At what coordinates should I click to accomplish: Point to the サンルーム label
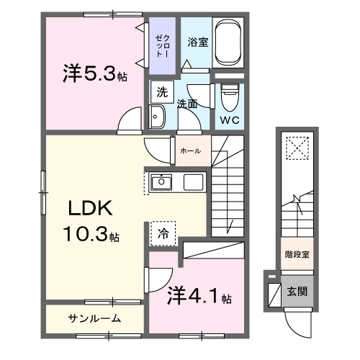pos(94,318)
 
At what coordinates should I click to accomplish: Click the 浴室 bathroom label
pos(197,42)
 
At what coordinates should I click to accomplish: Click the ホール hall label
pos(190,151)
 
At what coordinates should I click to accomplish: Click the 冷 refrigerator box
pos(163,233)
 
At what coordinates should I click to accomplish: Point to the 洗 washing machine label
pos(162,92)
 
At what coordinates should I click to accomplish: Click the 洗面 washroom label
pos(188,104)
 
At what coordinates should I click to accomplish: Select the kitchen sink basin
pos(161,181)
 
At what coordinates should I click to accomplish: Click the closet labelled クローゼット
pos(161,46)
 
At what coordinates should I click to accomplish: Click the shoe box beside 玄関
pos(274,294)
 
